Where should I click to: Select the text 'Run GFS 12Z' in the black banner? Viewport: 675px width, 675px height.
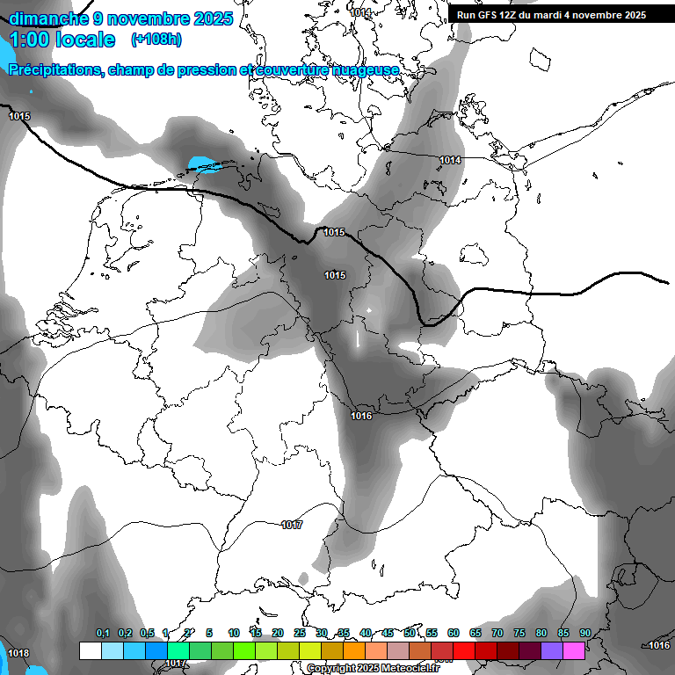point(486,15)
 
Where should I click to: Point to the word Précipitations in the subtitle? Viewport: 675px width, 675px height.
point(54,69)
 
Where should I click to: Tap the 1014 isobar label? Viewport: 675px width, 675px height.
point(451,160)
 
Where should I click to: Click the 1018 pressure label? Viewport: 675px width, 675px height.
point(18,653)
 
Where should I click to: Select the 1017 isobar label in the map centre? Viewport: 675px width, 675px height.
point(292,525)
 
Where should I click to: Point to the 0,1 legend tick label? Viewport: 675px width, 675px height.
point(103,633)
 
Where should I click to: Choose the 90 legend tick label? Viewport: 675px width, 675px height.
point(584,633)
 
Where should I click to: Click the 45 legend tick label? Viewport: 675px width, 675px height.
point(388,633)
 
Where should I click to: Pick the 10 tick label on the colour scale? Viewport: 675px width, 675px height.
point(234,633)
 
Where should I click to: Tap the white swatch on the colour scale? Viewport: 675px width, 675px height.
point(90,650)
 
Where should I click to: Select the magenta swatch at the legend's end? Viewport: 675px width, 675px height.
point(574,650)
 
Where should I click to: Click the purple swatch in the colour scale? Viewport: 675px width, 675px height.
point(552,650)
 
